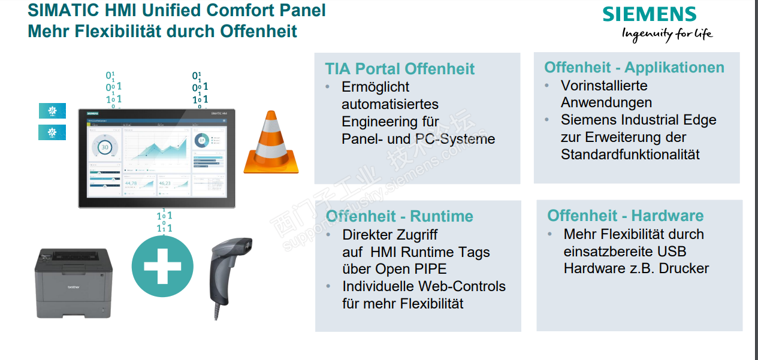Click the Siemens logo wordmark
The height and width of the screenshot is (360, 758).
click(x=650, y=14)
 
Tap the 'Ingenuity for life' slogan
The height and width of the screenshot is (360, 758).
click(x=668, y=34)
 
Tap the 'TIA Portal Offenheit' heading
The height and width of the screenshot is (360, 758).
click(x=400, y=69)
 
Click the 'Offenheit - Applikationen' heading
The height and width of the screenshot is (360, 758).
click(x=634, y=68)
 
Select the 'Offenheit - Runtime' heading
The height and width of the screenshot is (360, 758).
click(x=400, y=216)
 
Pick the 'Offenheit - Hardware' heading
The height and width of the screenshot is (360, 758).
click(x=626, y=216)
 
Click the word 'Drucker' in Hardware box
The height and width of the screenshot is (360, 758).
click(x=684, y=268)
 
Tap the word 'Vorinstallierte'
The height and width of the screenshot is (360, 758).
click(x=604, y=86)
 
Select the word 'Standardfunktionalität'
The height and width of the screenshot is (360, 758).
click(x=630, y=155)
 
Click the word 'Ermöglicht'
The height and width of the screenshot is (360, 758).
click(x=376, y=87)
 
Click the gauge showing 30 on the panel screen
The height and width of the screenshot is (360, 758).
click(x=105, y=146)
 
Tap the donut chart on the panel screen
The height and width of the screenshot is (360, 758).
click(x=202, y=140)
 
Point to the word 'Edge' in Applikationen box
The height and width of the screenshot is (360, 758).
click(x=702, y=120)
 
